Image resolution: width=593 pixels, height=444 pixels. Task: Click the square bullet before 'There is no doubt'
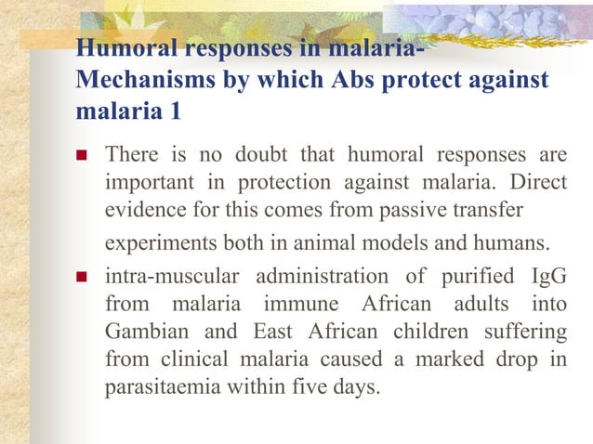click(82, 153)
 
